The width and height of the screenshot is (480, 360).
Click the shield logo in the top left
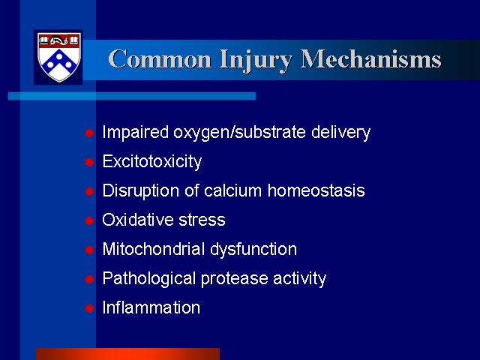point(58,57)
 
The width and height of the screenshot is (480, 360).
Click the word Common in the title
point(160,59)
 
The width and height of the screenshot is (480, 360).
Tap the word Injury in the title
point(255,61)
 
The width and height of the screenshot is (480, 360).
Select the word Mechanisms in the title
point(370,58)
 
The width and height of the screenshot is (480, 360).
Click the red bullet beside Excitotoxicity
point(89,162)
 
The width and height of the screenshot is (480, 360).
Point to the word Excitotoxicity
point(152,161)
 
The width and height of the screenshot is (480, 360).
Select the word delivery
point(340,132)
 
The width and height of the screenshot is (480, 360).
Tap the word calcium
point(232,190)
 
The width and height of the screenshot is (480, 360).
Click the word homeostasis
point(316,190)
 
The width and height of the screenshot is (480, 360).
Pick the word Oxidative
point(137,220)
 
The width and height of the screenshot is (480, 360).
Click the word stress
point(202,220)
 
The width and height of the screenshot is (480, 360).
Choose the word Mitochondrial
point(153,249)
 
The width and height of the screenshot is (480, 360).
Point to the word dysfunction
point(253,250)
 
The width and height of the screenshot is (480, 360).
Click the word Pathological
point(149,279)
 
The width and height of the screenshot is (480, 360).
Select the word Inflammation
point(151,307)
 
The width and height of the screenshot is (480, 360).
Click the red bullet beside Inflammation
point(89,308)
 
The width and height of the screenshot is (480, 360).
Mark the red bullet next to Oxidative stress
point(89,220)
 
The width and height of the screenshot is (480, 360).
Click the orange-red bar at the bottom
point(128,354)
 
